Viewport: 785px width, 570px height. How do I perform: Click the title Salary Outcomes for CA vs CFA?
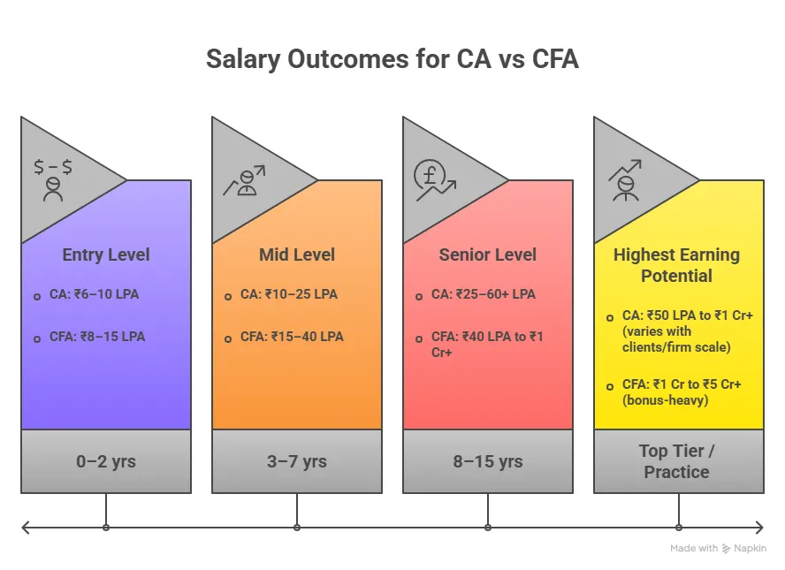pyautogui.click(x=392, y=59)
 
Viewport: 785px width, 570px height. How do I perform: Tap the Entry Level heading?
pyautogui.click(x=106, y=255)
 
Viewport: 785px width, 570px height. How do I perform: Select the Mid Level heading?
pyautogui.click(x=297, y=255)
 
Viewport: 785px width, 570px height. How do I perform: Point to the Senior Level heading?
pyautogui.click(x=488, y=255)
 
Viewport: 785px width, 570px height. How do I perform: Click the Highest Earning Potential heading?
pyautogui.click(x=677, y=265)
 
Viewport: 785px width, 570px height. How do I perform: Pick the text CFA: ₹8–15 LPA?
pyautogui.click(x=97, y=337)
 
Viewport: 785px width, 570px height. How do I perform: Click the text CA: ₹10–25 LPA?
pyautogui.click(x=288, y=294)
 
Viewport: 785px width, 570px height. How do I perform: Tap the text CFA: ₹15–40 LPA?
pyautogui.click(x=292, y=337)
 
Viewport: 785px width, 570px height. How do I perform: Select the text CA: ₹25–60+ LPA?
pyautogui.click(x=483, y=294)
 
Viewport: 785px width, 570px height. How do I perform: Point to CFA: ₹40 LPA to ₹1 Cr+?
pyautogui.click(x=486, y=344)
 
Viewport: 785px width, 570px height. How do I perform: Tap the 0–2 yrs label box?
pyautogui.click(x=106, y=461)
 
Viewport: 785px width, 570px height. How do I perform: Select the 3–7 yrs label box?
pyautogui.click(x=297, y=461)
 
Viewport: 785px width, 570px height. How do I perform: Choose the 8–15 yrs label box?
pyautogui.click(x=488, y=461)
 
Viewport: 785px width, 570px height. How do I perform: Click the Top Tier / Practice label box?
pyautogui.click(x=677, y=461)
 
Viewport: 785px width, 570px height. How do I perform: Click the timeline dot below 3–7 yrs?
pyautogui.click(x=297, y=528)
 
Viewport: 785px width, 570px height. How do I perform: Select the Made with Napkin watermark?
pyautogui.click(x=718, y=548)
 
